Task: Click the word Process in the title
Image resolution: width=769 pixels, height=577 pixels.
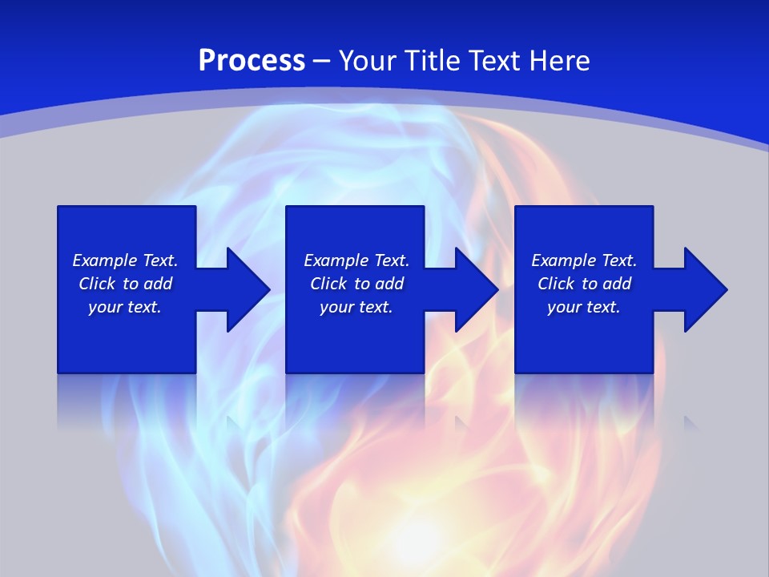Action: [252, 61]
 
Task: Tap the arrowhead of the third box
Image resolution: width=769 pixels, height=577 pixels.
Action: [704, 289]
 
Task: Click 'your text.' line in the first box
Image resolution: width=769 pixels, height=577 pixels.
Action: [125, 307]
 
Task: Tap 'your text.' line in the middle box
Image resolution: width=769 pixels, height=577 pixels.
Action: [356, 307]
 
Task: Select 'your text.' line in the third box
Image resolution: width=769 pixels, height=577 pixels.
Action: [583, 307]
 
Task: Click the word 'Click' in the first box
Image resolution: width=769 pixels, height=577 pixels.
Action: [97, 284]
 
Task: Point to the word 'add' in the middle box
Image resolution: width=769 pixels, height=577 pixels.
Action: [389, 284]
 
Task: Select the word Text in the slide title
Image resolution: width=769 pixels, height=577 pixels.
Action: [493, 61]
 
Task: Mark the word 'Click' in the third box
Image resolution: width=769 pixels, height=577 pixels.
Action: [556, 284]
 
